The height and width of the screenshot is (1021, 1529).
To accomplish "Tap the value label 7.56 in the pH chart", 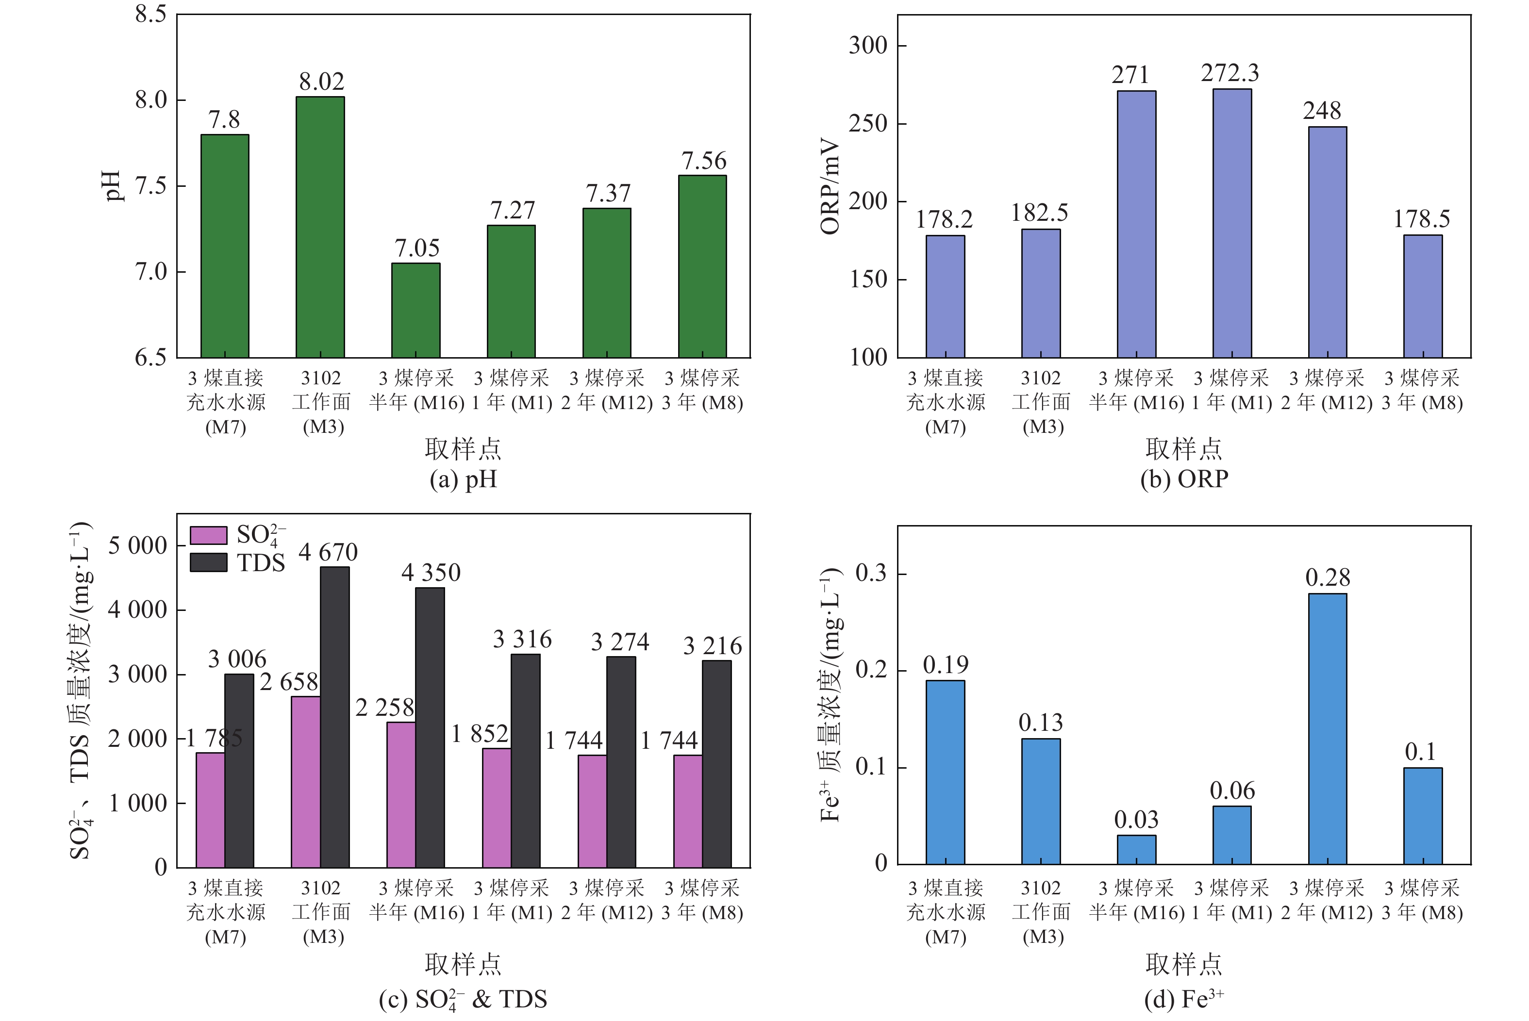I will [x=703, y=161].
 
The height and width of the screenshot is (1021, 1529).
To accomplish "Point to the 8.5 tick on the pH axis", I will [x=150, y=15].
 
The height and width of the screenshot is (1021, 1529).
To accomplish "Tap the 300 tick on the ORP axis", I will [x=868, y=46].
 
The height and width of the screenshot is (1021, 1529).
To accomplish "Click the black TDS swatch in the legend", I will [x=208, y=562].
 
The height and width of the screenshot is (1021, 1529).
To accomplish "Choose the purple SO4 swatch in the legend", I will [x=208, y=535].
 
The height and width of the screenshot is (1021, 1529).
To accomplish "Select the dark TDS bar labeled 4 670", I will [x=335, y=716].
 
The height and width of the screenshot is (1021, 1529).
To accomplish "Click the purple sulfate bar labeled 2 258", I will [x=400, y=794].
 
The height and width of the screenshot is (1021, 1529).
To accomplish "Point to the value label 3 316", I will [x=522, y=640].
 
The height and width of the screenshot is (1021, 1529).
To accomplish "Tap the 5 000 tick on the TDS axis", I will [x=137, y=545].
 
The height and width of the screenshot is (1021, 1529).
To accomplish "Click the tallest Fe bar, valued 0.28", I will [x=1327, y=729].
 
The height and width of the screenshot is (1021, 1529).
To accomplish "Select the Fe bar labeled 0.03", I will [x=1136, y=850].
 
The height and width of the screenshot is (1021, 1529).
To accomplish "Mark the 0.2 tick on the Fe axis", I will [x=871, y=670].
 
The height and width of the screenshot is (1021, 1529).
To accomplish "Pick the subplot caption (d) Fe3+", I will [x=1184, y=999].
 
